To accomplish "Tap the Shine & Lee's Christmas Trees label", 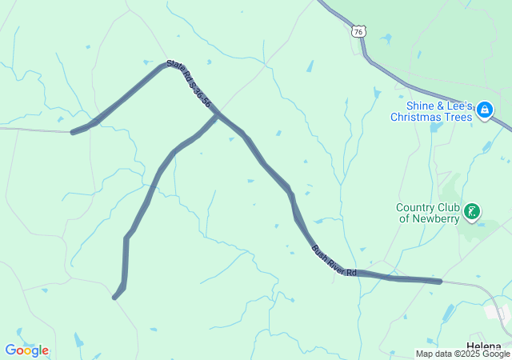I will pos(432,111).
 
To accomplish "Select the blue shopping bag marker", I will pos(484,111).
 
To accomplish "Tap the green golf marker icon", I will pos(473,212).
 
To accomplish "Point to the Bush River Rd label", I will pos(334,262).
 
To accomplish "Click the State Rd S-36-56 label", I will pos(189,83).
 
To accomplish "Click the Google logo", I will pos(26,350).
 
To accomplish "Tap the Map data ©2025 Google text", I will pos(462,354).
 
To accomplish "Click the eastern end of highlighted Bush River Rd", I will pos(439,282).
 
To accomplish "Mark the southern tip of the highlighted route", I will pos(115,298).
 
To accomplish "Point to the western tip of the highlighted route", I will pos(73,132).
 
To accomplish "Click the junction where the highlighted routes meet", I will pos(217,116).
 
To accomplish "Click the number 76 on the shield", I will pos(358,32).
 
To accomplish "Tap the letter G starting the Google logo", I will pos(10,350).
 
